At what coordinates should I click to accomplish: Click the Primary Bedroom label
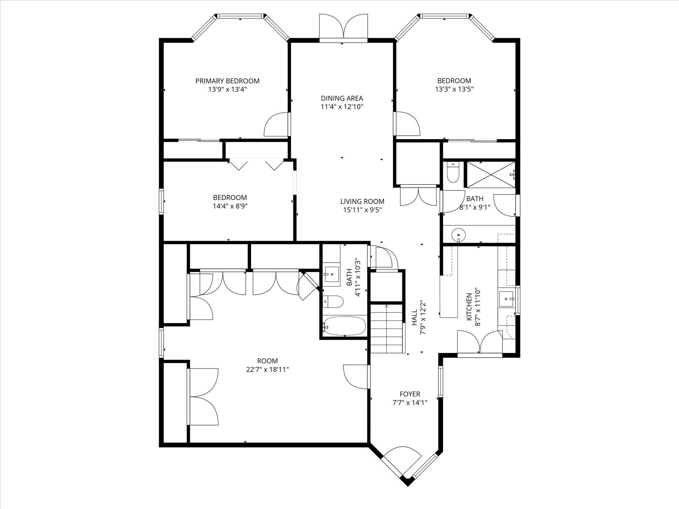[227, 81]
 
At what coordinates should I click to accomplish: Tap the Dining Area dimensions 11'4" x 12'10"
[342, 107]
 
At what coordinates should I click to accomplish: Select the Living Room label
[362, 201]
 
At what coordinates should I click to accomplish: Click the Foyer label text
[410, 394]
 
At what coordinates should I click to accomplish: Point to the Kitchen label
[469, 307]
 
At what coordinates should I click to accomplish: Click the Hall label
[415, 317]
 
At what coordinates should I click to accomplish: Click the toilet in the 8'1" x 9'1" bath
[453, 173]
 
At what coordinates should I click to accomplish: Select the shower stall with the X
[490, 174]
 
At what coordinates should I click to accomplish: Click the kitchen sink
[506, 299]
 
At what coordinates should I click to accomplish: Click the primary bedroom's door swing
[277, 125]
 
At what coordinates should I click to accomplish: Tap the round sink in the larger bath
[459, 234]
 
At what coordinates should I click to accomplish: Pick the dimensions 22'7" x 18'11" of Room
[267, 369]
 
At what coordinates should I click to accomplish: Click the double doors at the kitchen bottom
[479, 343]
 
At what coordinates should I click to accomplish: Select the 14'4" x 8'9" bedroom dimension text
[230, 206]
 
